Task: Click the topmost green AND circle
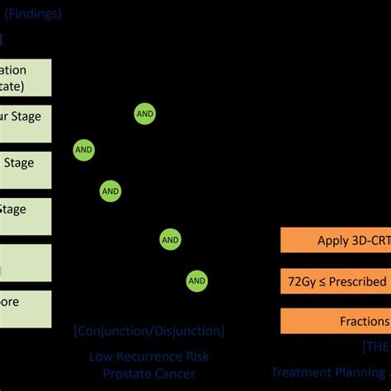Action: tap(145, 115)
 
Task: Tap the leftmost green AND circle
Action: tap(84, 150)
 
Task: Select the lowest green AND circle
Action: tap(197, 280)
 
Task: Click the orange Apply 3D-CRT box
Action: tap(335, 241)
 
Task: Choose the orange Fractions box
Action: tap(335, 321)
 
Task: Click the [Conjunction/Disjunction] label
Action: tap(148, 331)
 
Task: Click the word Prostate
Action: tap(126, 374)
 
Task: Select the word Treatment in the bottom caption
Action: tap(301, 372)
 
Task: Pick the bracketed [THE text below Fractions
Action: tap(375, 346)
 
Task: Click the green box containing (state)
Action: tap(26, 78)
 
